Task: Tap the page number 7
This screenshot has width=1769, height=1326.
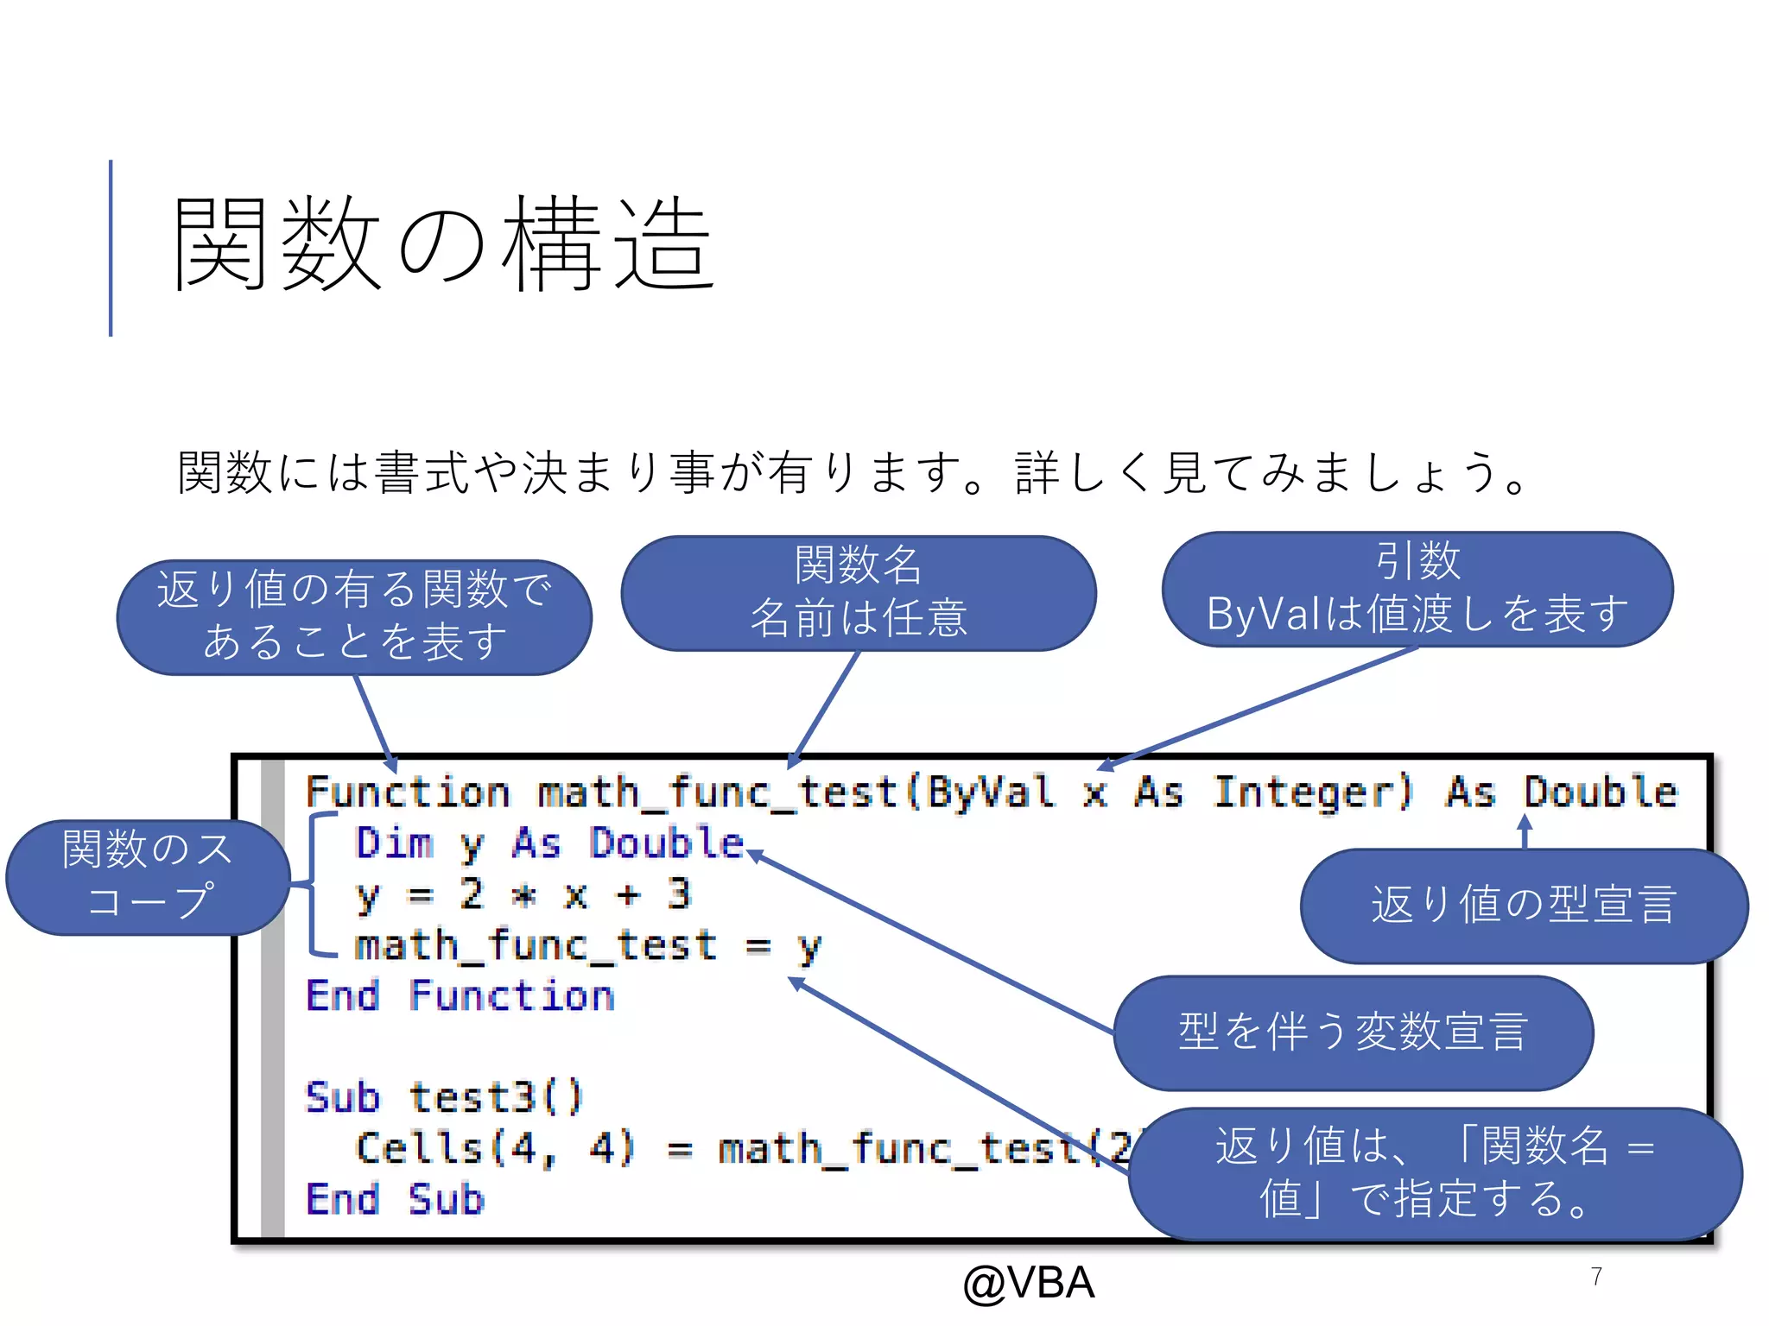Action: pos(1596,1277)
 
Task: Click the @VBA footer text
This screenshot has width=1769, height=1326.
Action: pos(1028,1283)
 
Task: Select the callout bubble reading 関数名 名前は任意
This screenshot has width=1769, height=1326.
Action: pos(859,592)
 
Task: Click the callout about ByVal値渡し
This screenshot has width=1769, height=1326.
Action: pos(1417,589)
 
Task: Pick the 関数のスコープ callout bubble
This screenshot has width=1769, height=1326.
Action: pos(147,876)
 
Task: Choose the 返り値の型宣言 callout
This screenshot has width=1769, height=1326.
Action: pos(1524,905)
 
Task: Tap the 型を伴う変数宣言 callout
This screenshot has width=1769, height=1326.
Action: pos(1353,1032)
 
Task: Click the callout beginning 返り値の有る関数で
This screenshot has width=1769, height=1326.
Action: pos(354,616)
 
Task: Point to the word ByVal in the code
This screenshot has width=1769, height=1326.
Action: pos(990,792)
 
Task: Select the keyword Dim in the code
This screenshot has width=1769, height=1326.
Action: pos(394,843)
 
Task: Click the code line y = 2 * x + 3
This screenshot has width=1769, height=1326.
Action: pos(523,894)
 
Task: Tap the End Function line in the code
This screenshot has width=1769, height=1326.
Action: pos(460,996)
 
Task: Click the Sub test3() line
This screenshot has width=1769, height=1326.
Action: pos(444,1098)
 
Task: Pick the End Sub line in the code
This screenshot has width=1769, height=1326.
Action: pos(395,1200)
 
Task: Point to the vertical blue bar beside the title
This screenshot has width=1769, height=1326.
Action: pos(111,248)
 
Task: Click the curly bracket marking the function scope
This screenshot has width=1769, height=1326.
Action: pos(318,884)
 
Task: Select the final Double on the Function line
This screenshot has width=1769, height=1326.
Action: pos(1600,792)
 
